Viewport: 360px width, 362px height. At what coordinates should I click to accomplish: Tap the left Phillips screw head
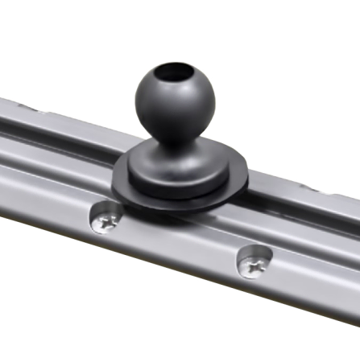[x=106, y=218]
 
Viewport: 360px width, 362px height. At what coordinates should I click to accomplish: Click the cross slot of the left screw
[x=106, y=219]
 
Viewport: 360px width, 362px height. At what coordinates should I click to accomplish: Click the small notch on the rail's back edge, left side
[x=24, y=107]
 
